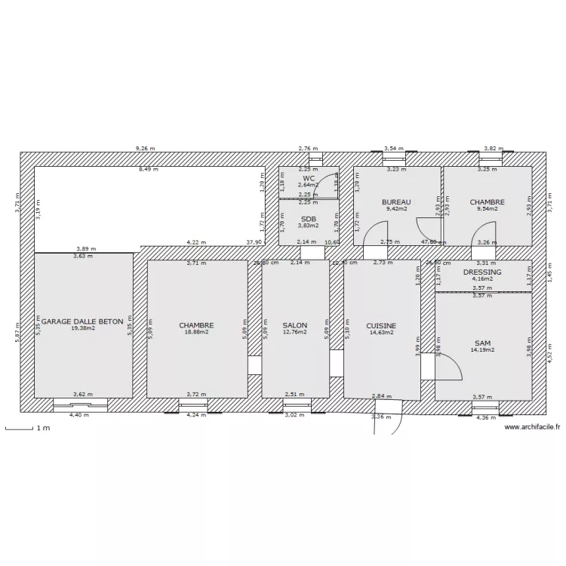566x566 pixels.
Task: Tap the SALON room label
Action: tap(295, 325)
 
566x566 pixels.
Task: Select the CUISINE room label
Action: tap(381, 326)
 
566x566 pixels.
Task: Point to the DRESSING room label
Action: tap(482, 272)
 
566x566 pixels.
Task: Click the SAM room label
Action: tap(482, 343)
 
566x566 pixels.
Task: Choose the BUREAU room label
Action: tap(396, 202)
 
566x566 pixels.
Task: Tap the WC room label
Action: tap(308, 178)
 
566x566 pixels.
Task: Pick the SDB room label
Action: tap(308, 219)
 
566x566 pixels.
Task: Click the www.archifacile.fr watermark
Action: tap(532, 427)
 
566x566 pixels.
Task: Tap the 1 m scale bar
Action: tap(26, 429)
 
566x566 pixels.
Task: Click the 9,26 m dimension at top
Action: tap(143, 149)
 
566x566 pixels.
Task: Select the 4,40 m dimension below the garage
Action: tap(78, 415)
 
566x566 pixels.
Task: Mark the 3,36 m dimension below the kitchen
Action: tap(383, 416)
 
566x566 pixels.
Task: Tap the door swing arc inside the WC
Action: tap(326, 185)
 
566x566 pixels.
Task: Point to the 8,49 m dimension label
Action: tap(148, 170)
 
